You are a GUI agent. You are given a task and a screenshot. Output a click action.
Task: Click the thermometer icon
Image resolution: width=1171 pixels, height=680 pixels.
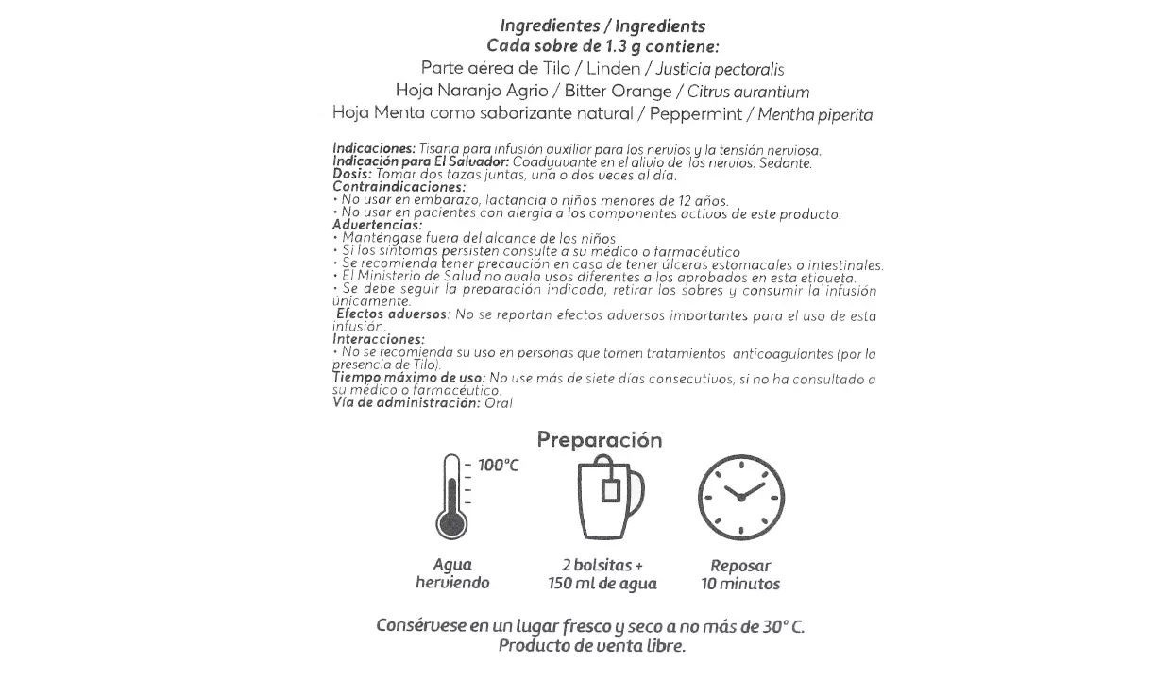(x=451, y=497)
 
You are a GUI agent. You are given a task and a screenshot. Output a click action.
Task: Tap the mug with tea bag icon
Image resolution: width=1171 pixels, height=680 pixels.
(x=609, y=499)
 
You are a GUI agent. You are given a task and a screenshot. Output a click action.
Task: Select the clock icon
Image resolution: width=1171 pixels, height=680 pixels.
(x=740, y=498)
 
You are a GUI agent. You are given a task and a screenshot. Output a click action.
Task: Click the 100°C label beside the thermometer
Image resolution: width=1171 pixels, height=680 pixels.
(x=498, y=466)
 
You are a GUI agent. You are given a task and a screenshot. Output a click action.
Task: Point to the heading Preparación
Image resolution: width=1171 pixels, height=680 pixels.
(x=600, y=440)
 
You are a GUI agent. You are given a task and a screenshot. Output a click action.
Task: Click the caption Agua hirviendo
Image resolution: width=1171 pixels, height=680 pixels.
(x=452, y=574)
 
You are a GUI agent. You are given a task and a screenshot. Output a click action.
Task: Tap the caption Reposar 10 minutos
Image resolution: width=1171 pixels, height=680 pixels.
(x=740, y=575)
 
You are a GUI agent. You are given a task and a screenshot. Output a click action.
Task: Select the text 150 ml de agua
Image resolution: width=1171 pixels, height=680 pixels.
(x=602, y=584)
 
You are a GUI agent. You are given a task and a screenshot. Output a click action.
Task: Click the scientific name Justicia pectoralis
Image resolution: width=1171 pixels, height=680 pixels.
(x=720, y=69)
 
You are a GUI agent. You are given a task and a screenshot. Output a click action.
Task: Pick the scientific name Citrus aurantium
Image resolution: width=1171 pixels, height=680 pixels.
(x=749, y=92)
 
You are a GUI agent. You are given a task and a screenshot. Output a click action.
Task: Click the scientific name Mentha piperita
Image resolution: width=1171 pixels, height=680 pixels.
(x=815, y=115)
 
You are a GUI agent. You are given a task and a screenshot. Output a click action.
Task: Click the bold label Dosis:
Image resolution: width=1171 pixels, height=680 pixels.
(x=353, y=175)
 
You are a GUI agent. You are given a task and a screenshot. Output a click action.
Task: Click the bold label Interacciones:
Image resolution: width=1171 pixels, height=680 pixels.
(x=379, y=338)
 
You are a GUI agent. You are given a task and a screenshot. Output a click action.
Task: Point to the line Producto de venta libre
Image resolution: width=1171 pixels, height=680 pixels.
(x=591, y=646)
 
